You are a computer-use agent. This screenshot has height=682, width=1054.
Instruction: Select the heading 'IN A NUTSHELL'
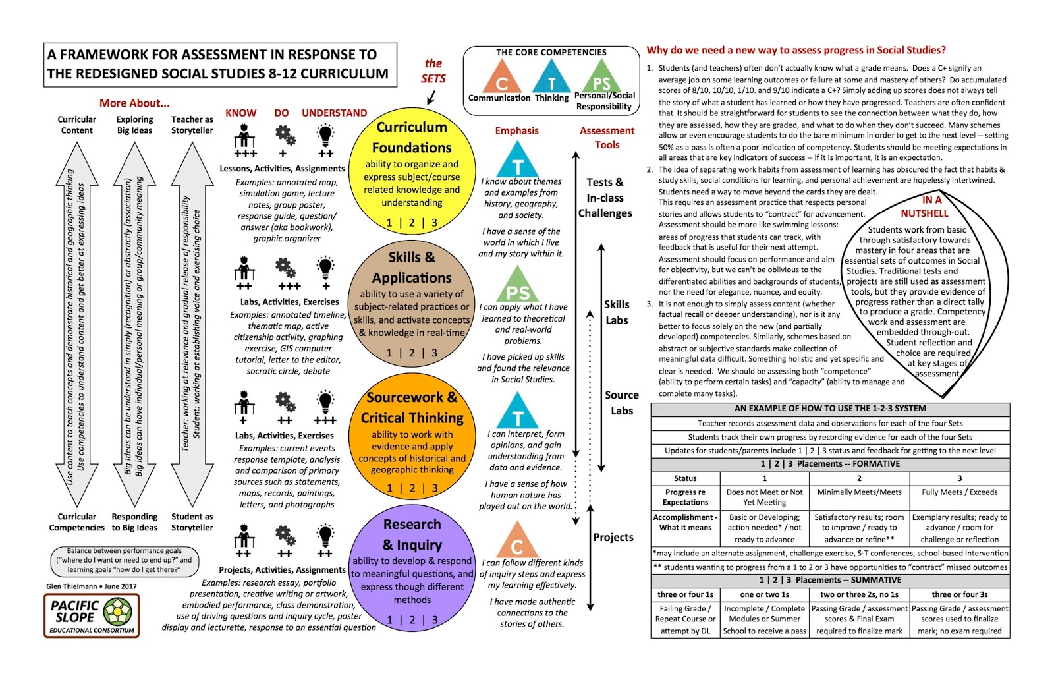click(x=924, y=207)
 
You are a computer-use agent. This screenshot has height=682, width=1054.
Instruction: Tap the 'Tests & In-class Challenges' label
click(x=605, y=198)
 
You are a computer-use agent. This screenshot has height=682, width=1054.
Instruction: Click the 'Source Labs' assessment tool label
click(x=621, y=403)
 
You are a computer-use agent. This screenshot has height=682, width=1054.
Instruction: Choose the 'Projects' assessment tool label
click(x=613, y=537)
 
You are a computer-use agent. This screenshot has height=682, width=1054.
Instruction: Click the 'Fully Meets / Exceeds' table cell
click(x=959, y=492)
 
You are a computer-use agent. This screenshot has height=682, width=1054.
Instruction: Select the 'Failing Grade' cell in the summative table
click(x=685, y=619)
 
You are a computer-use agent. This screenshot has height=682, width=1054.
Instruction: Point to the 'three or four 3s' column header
click(x=959, y=594)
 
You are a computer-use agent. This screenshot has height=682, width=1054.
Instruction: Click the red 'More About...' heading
click(x=134, y=103)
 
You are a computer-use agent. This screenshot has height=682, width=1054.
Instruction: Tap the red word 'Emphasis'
click(x=516, y=130)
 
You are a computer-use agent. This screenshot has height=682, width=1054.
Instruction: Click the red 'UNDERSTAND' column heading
click(x=334, y=113)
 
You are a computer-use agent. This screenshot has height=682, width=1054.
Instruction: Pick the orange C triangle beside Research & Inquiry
click(x=517, y=542)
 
